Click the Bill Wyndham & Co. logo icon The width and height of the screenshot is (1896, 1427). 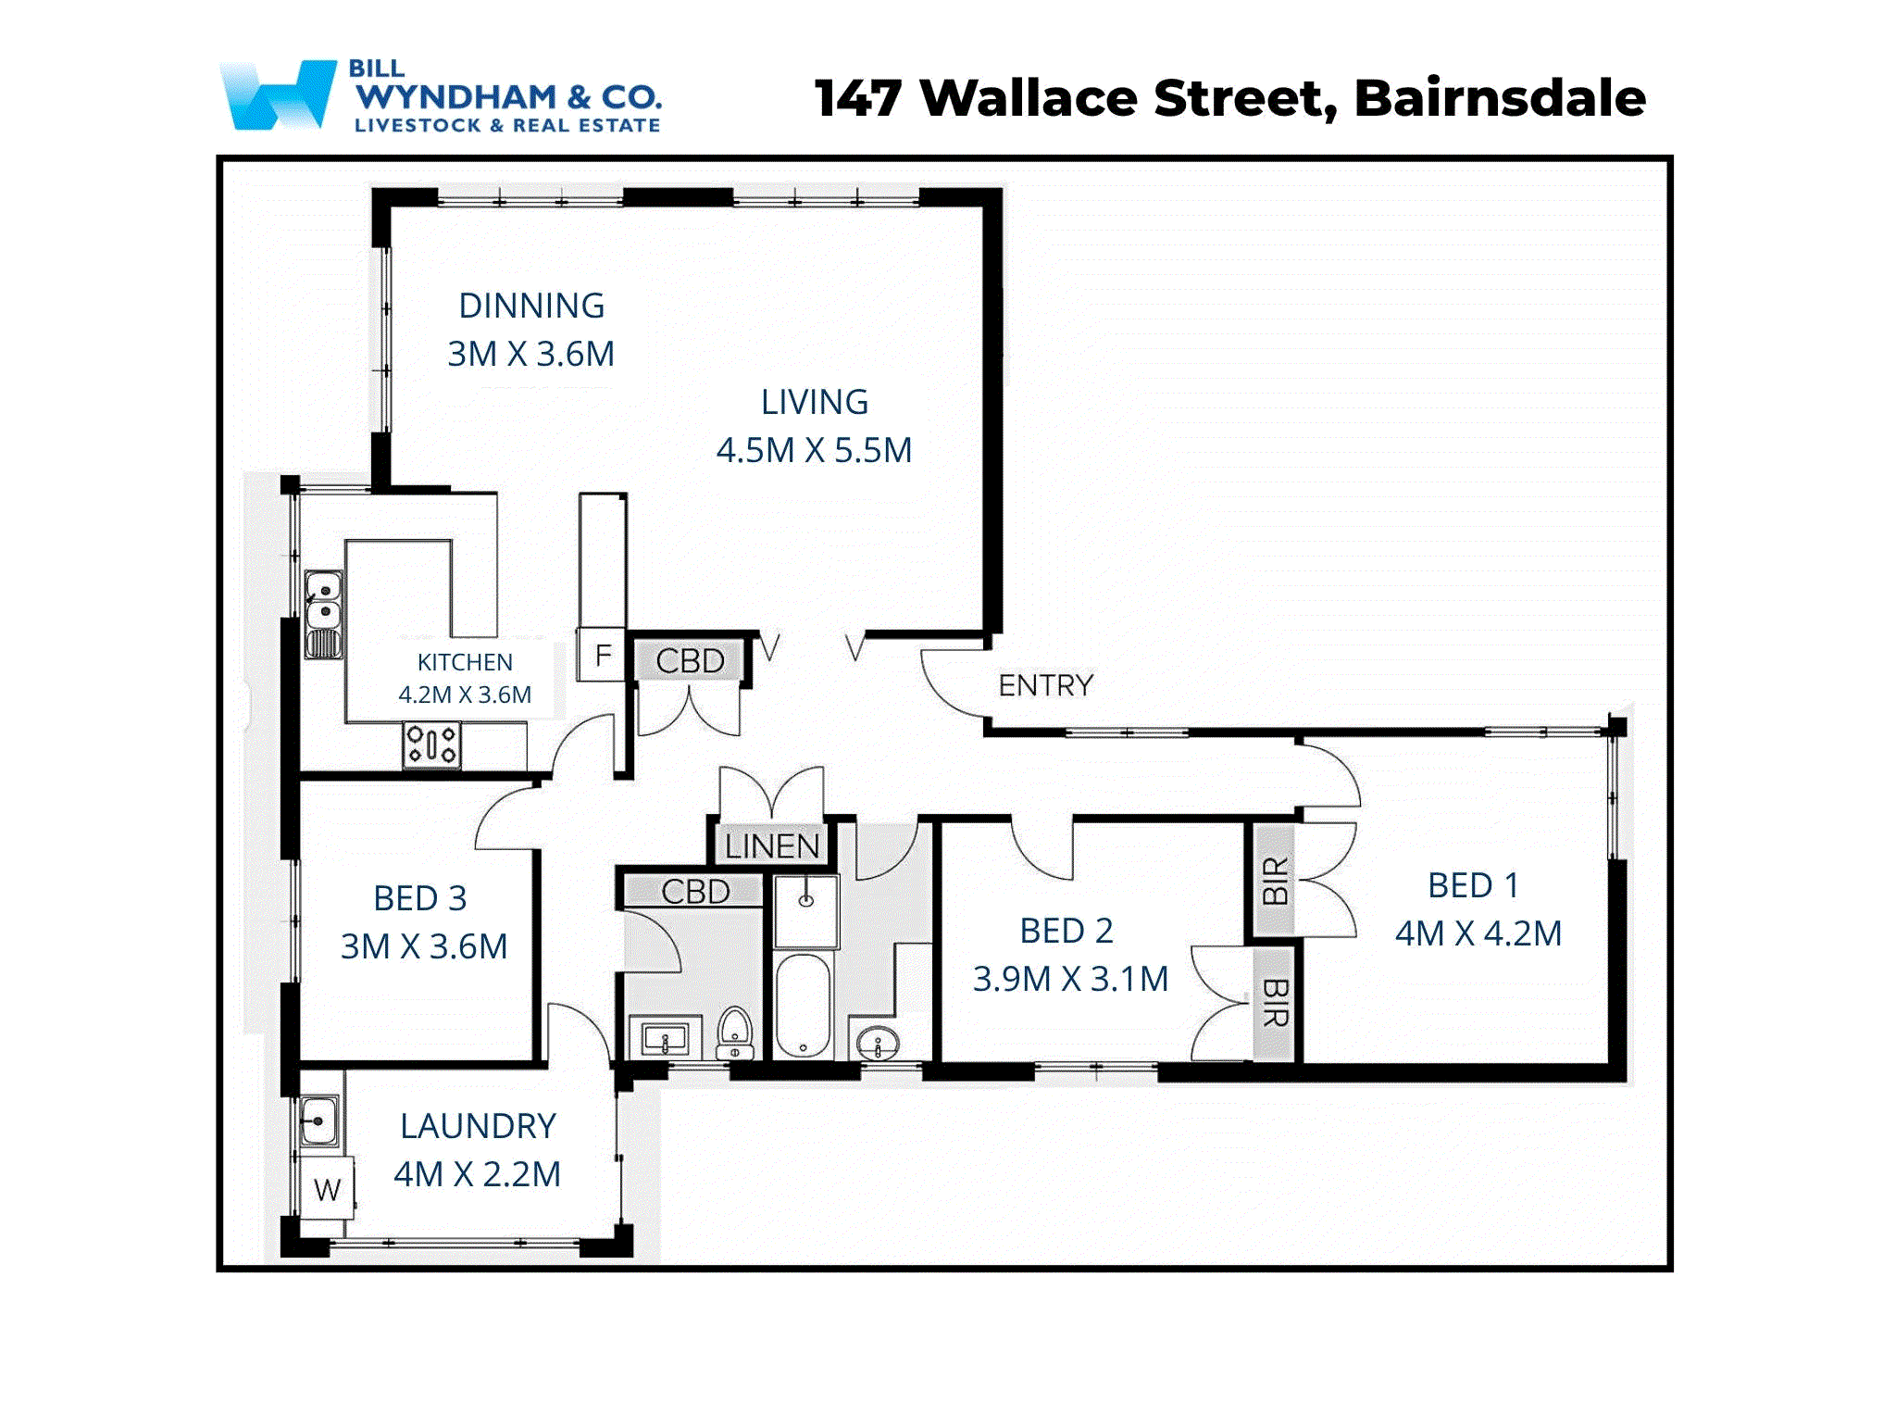[278, 94]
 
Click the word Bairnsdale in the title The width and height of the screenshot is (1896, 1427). [1499, 98]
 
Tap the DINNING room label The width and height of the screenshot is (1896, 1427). [531, 306]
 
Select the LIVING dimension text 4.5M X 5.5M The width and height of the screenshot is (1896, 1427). [814, 450]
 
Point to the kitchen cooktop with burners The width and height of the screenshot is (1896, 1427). [431, 745]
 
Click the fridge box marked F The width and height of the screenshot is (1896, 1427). [602, 656]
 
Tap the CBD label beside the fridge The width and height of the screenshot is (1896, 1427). [690, 661]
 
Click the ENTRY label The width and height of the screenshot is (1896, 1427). [1045, 685]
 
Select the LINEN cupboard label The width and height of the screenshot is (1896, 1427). [771, 845]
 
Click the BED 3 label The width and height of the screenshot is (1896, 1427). [419, 898]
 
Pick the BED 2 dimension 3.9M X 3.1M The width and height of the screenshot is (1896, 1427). [1070, 979]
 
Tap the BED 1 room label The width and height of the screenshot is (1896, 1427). [1472, 885]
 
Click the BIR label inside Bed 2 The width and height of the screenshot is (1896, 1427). [1274, 1003]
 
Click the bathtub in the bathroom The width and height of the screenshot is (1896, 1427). [803, 1006]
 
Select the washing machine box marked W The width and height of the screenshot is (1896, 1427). [327, 1189]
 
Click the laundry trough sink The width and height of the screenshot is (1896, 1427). [318, 1121]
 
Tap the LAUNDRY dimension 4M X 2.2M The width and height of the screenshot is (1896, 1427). [477, 1174]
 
